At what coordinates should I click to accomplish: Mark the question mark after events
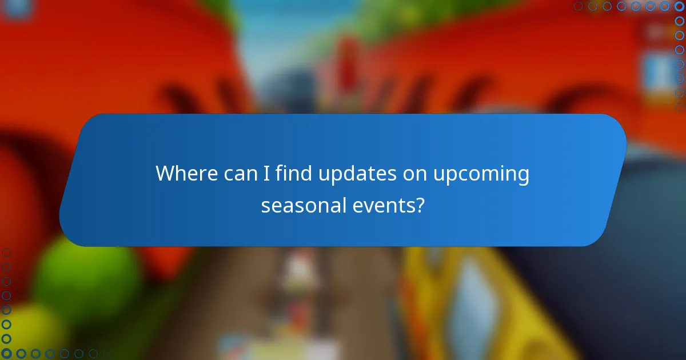coord(420,205)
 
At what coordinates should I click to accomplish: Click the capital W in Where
coord(166,174)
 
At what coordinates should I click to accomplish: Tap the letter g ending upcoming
coord(523,176)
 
